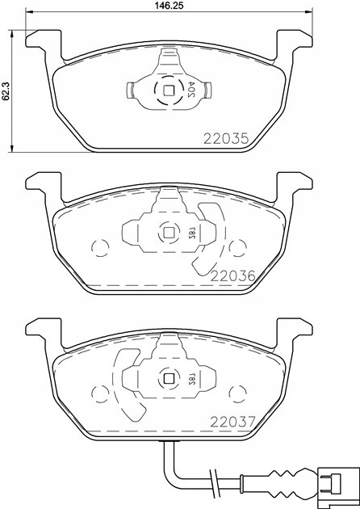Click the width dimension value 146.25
pyautogui.click(x=170, y=5)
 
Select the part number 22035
pyautogui.click(x=226, y=139)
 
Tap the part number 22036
pyautogui.click(x=233, y=276)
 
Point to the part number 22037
pyautogui.click(x=233, y=422)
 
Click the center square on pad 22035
pyautogui.click(x=169, y=90)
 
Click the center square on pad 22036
pyautogui.click(x=169, y=233)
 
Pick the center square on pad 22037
pyautogui.click(x=169, y=378)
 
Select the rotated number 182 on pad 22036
pyautogui.click(x=190, y=233)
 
